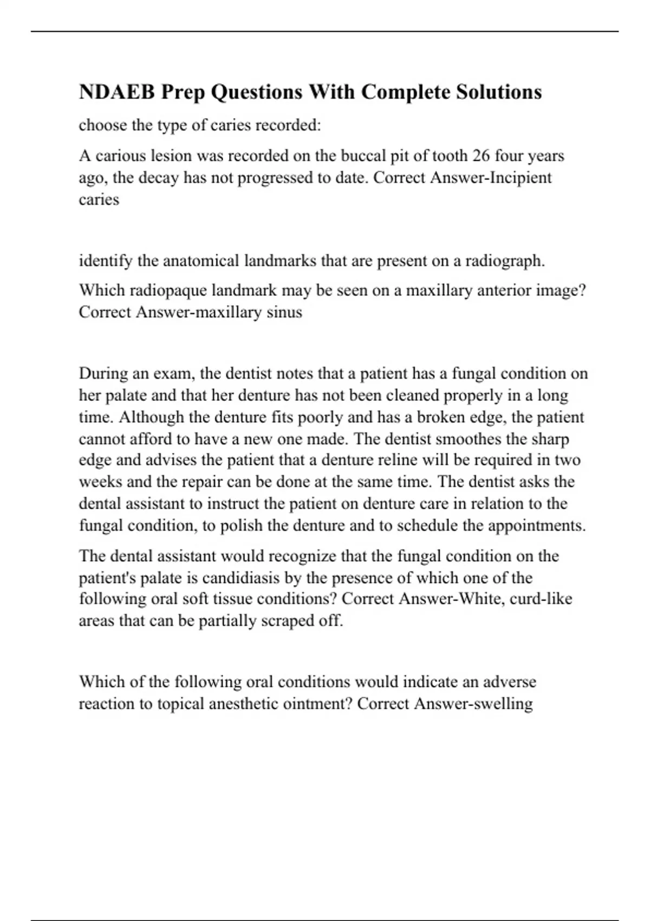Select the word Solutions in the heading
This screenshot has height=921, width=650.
coord(498,92)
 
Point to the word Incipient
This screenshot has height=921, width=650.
coord(521,178)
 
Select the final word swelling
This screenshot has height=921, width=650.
coord(503,704)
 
